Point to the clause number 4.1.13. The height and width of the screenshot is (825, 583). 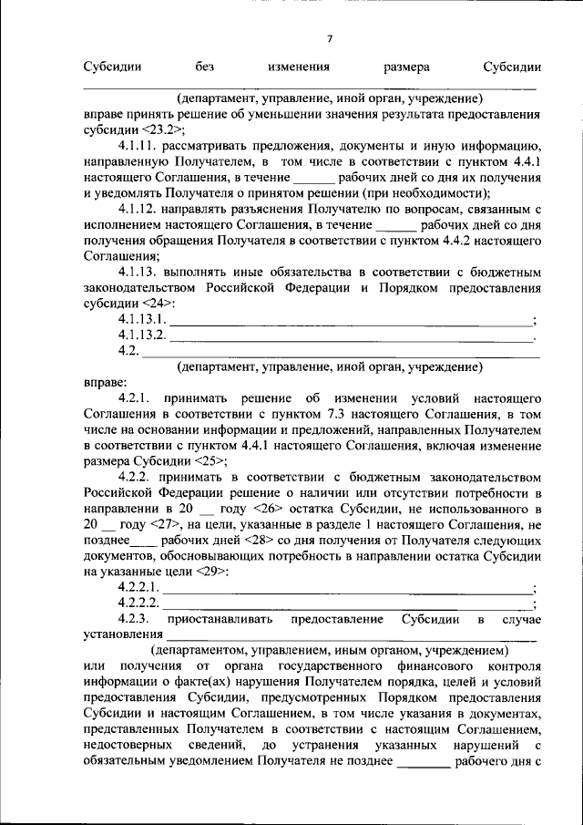[139, 272]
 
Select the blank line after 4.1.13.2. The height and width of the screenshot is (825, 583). [351, 338]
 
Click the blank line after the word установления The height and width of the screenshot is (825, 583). [351, 638]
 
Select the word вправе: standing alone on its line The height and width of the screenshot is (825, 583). [103, 382]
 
